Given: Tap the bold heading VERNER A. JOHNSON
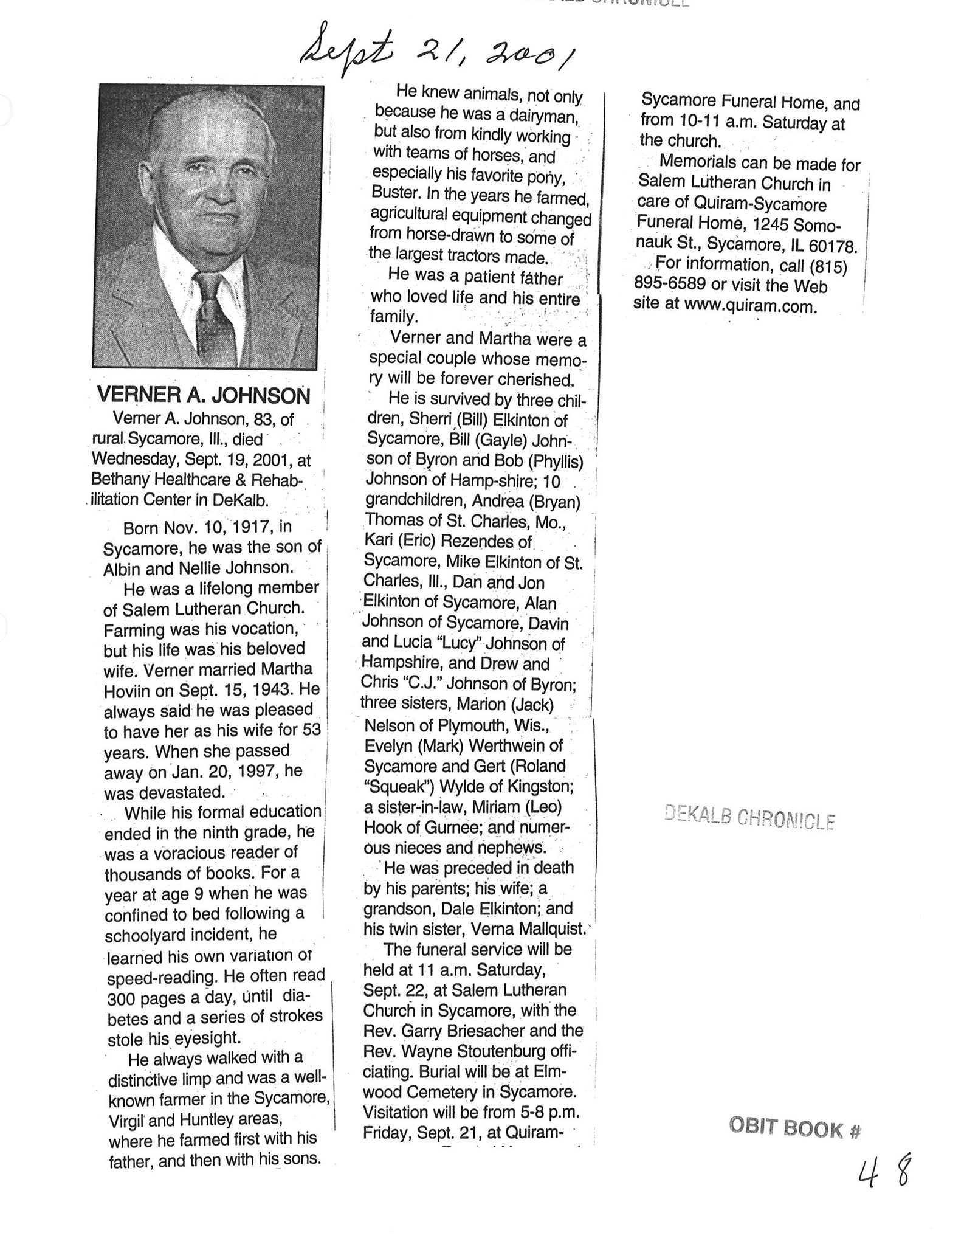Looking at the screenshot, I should (x=204, y=396).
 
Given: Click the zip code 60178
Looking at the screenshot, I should (x=833, y=247).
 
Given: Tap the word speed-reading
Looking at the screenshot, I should (x=161, y=978).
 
